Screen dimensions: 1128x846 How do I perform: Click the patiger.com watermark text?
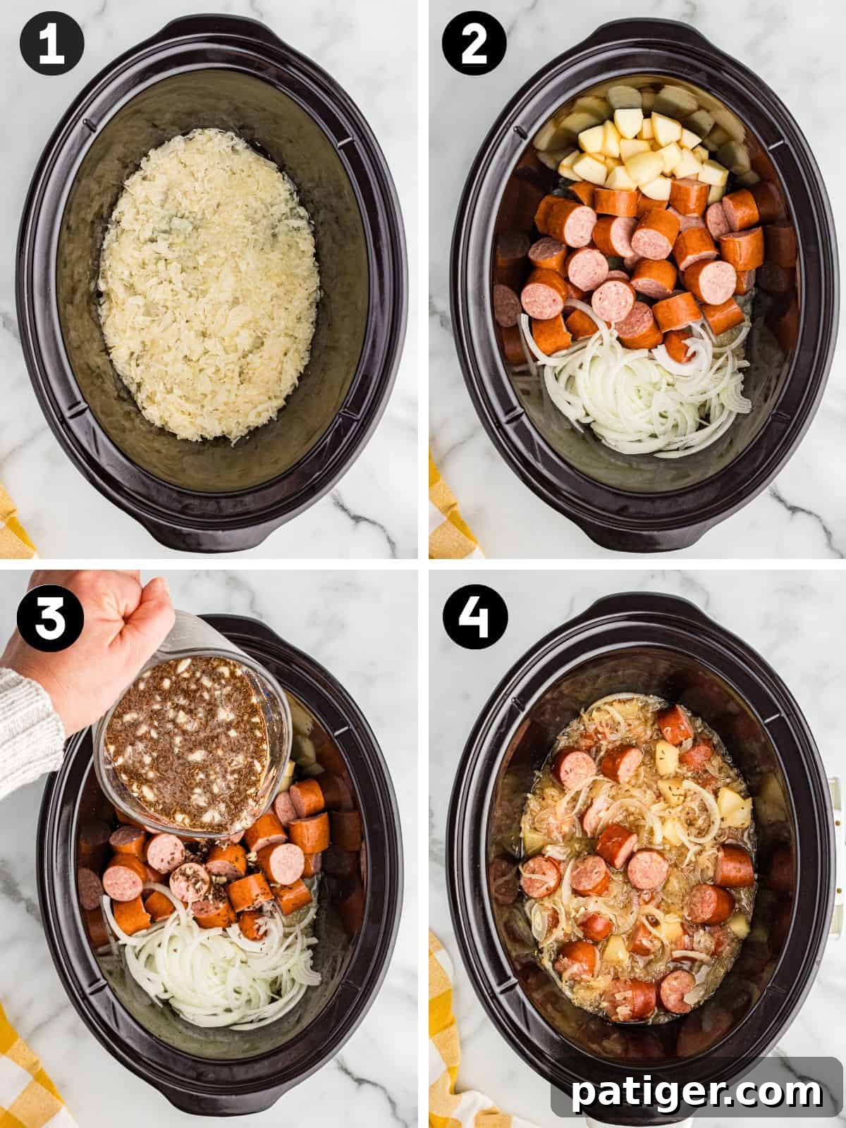pyautogui.click(x=697, y=1092)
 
